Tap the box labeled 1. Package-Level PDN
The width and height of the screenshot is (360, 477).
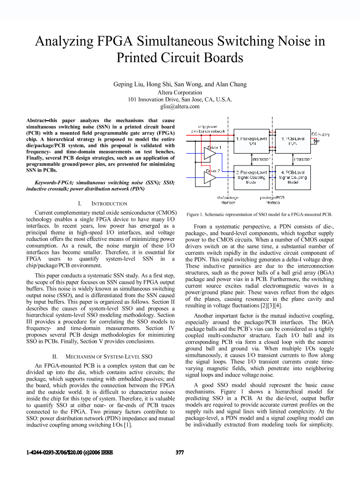coord(252,140)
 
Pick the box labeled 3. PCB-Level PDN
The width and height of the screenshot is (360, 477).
coord(293,140)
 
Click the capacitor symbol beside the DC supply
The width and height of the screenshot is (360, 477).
coord(315,141)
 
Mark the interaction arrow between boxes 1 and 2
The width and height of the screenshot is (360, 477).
coord(252,158)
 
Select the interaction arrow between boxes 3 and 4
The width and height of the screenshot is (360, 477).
coord(293,158)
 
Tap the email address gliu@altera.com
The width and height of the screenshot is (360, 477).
coord(180,106)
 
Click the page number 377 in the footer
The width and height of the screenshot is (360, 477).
coord(180,453)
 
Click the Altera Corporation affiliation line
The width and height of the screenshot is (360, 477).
coord(180,93)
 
